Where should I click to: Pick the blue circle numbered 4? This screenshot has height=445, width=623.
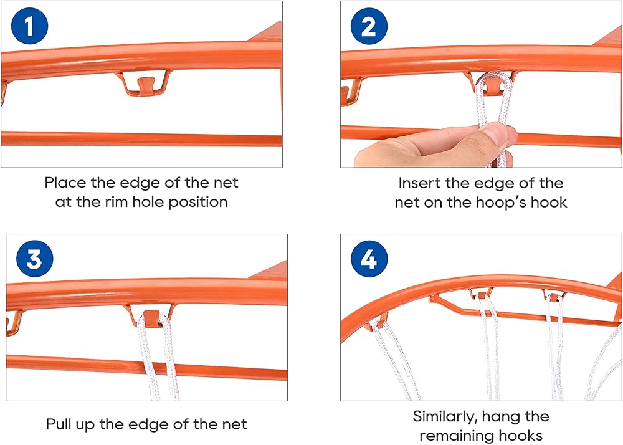coord(369,259)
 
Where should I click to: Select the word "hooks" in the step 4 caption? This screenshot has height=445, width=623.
coord(523,435)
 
